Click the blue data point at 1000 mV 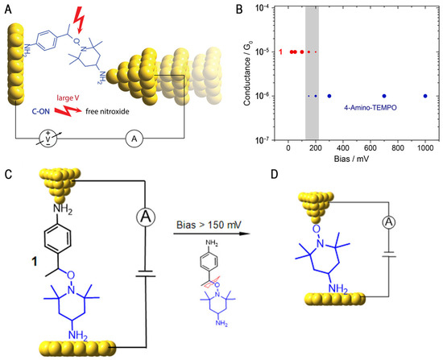[425, 96]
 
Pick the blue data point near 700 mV [384, 96]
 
